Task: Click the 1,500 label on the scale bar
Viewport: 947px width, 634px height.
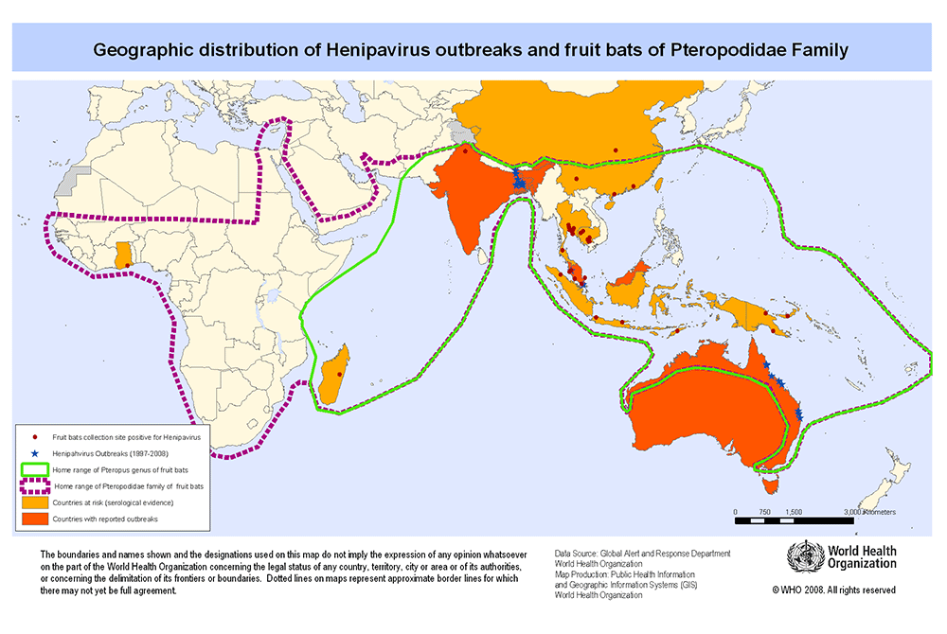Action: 793,511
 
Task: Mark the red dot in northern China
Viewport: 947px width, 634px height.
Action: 616,150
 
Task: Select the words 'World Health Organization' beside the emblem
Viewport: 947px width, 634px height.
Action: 858,556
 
